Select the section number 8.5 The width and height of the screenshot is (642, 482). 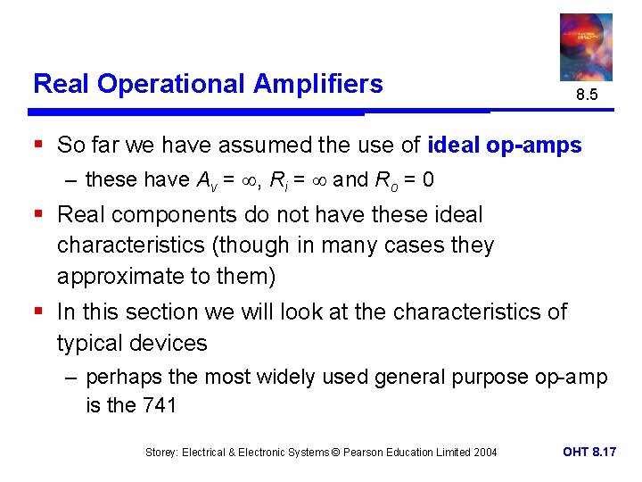coord(586,95)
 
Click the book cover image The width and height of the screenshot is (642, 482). coord(586,46)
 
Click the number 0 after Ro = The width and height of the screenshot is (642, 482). coord(429,180)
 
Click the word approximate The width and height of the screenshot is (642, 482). coord(120,276)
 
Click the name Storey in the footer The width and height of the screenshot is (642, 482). coord(163,453)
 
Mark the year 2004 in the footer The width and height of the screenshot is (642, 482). coord(484,453)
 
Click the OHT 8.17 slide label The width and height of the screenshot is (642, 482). coord(589,453)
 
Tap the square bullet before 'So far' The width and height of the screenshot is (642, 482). coord(38,145)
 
